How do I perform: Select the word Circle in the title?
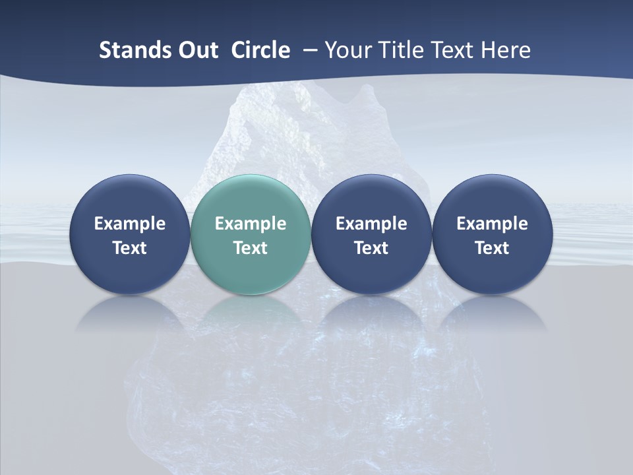point(260,50)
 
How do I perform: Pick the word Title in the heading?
point(399,50)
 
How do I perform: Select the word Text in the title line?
point(452,50)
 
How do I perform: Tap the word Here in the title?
point(506,50)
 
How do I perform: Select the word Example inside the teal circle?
point(251,224)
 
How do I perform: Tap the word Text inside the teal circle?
point(251,248)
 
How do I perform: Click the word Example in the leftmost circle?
point(129,224)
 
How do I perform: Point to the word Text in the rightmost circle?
point(492,248)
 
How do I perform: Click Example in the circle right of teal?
point(371,224)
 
